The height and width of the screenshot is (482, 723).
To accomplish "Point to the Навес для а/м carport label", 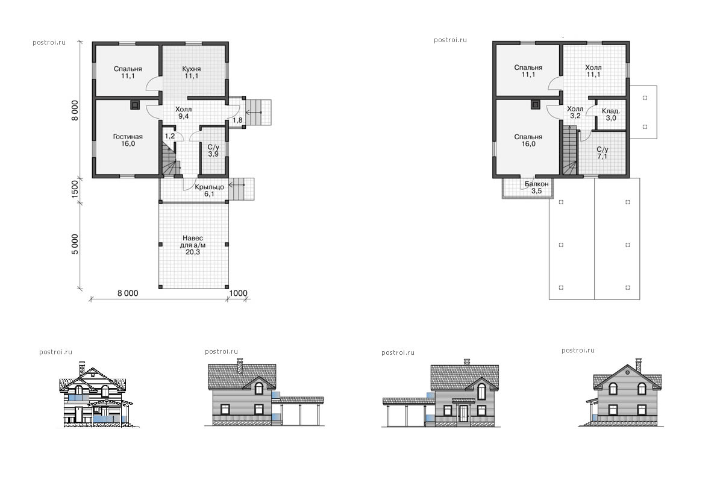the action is [193, 245].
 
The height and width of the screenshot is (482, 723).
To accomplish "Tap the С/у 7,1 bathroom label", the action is [602, 153].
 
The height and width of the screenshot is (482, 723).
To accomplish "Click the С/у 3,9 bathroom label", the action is [213, 151].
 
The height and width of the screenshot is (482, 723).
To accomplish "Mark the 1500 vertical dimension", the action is [75, 189].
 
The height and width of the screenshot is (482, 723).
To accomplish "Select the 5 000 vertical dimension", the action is [75, 245].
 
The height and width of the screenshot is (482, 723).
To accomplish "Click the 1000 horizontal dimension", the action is [238, 293].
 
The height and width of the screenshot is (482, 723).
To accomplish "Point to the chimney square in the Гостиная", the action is [135, 105].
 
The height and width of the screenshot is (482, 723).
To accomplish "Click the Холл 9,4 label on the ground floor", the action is [183, 113].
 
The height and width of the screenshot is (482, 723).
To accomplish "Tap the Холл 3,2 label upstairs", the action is [575, 112].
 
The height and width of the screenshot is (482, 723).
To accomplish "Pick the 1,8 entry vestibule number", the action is [237, 120].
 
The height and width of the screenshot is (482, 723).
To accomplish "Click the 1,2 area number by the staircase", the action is [170, 136].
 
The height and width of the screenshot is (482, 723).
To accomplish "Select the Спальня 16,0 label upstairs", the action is [528, 140].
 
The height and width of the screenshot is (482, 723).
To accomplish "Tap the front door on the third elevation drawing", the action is [463, 413].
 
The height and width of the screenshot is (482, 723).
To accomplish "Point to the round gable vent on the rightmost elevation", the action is [627, 372].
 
